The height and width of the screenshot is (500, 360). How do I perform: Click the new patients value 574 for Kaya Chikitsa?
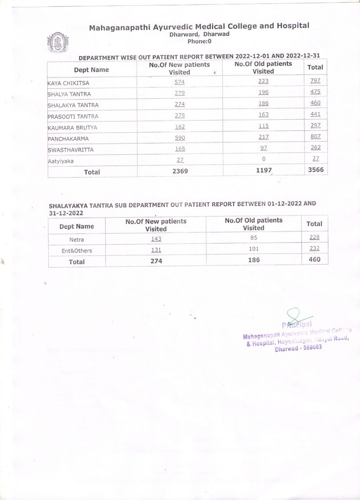tap(179, 81)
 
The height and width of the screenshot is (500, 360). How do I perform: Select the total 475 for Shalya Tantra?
tap(315, 92)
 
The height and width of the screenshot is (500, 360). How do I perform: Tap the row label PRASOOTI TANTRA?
tap(73, 116)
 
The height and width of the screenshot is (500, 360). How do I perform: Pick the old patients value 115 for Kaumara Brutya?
tap(263, 127)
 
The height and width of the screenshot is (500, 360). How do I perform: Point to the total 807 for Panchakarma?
tap(315, 137)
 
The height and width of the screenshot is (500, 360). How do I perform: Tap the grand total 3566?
tap(315, 170)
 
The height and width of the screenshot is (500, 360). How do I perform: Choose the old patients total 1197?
tap(263, 171)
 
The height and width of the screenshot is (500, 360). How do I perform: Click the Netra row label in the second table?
tap(77, 240)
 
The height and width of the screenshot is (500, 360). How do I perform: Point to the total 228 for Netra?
tap(314, 238)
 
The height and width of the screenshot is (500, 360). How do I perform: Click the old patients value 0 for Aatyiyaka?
tap(263, 159)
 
